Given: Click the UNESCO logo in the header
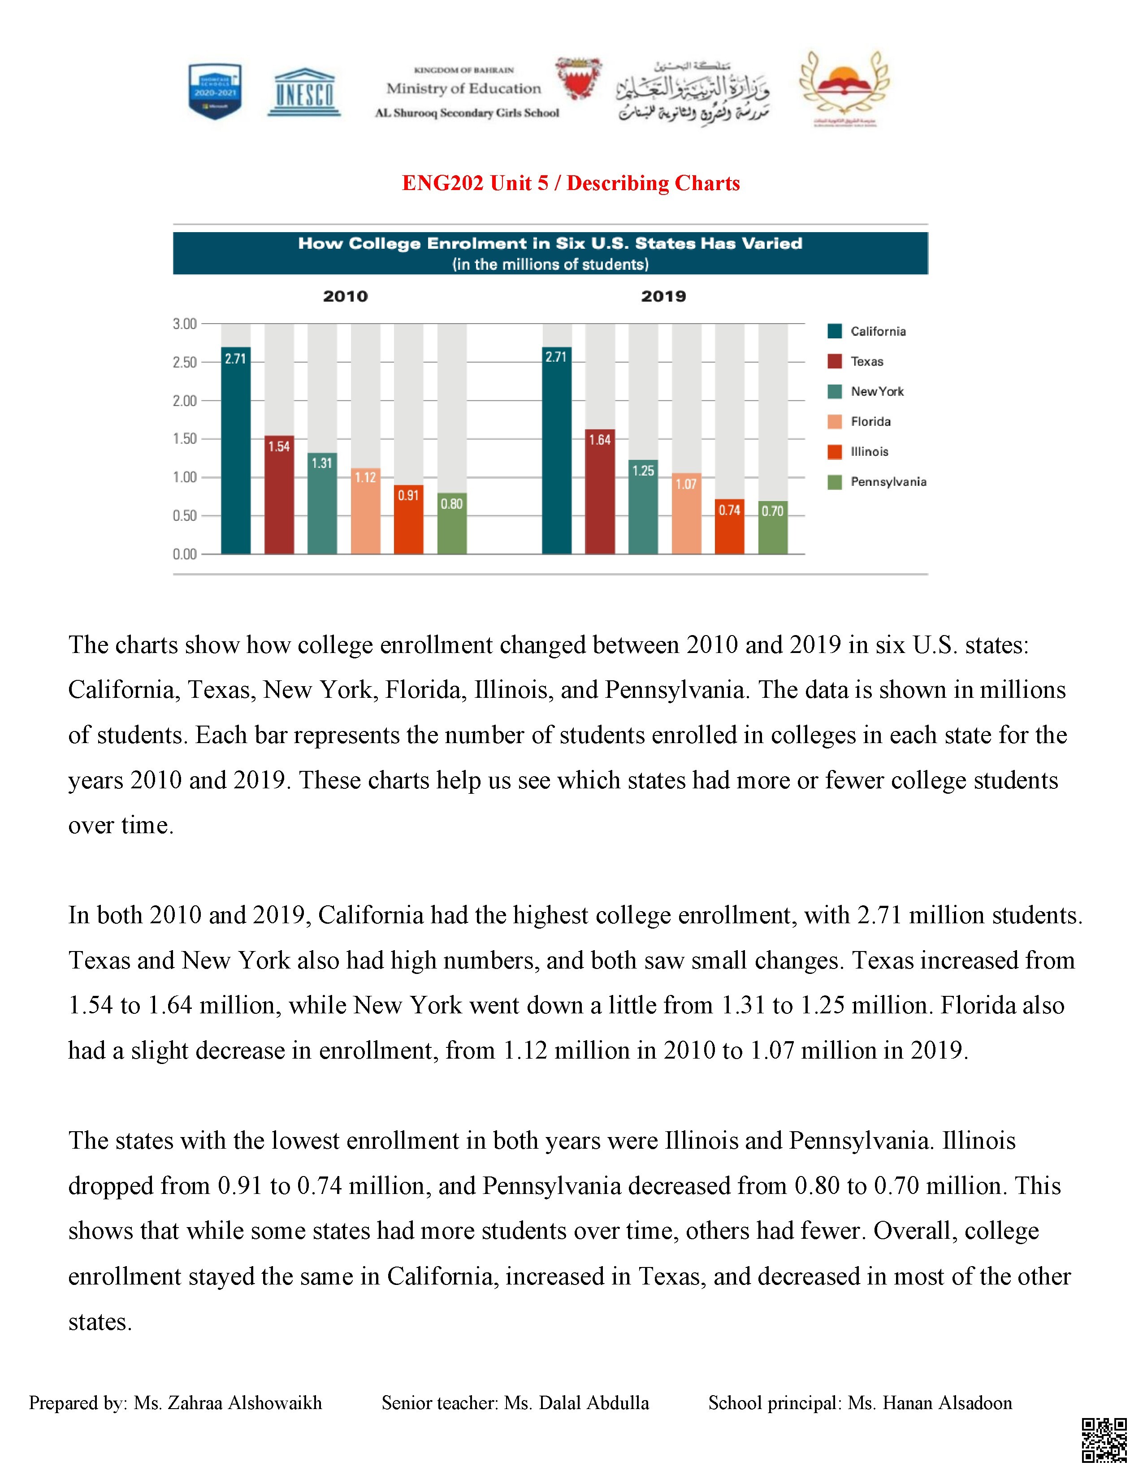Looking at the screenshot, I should [304, 92].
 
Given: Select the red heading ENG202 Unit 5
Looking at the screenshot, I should [570, 183].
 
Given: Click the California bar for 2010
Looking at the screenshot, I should [236, 450].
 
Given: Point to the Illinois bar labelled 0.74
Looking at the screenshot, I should [729, 527].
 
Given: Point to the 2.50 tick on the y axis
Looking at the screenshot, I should [185, 362].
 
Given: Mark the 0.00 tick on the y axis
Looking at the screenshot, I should [185, 554].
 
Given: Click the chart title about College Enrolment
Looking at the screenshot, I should [550, 244].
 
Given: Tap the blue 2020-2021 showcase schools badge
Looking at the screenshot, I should [215, 91].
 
